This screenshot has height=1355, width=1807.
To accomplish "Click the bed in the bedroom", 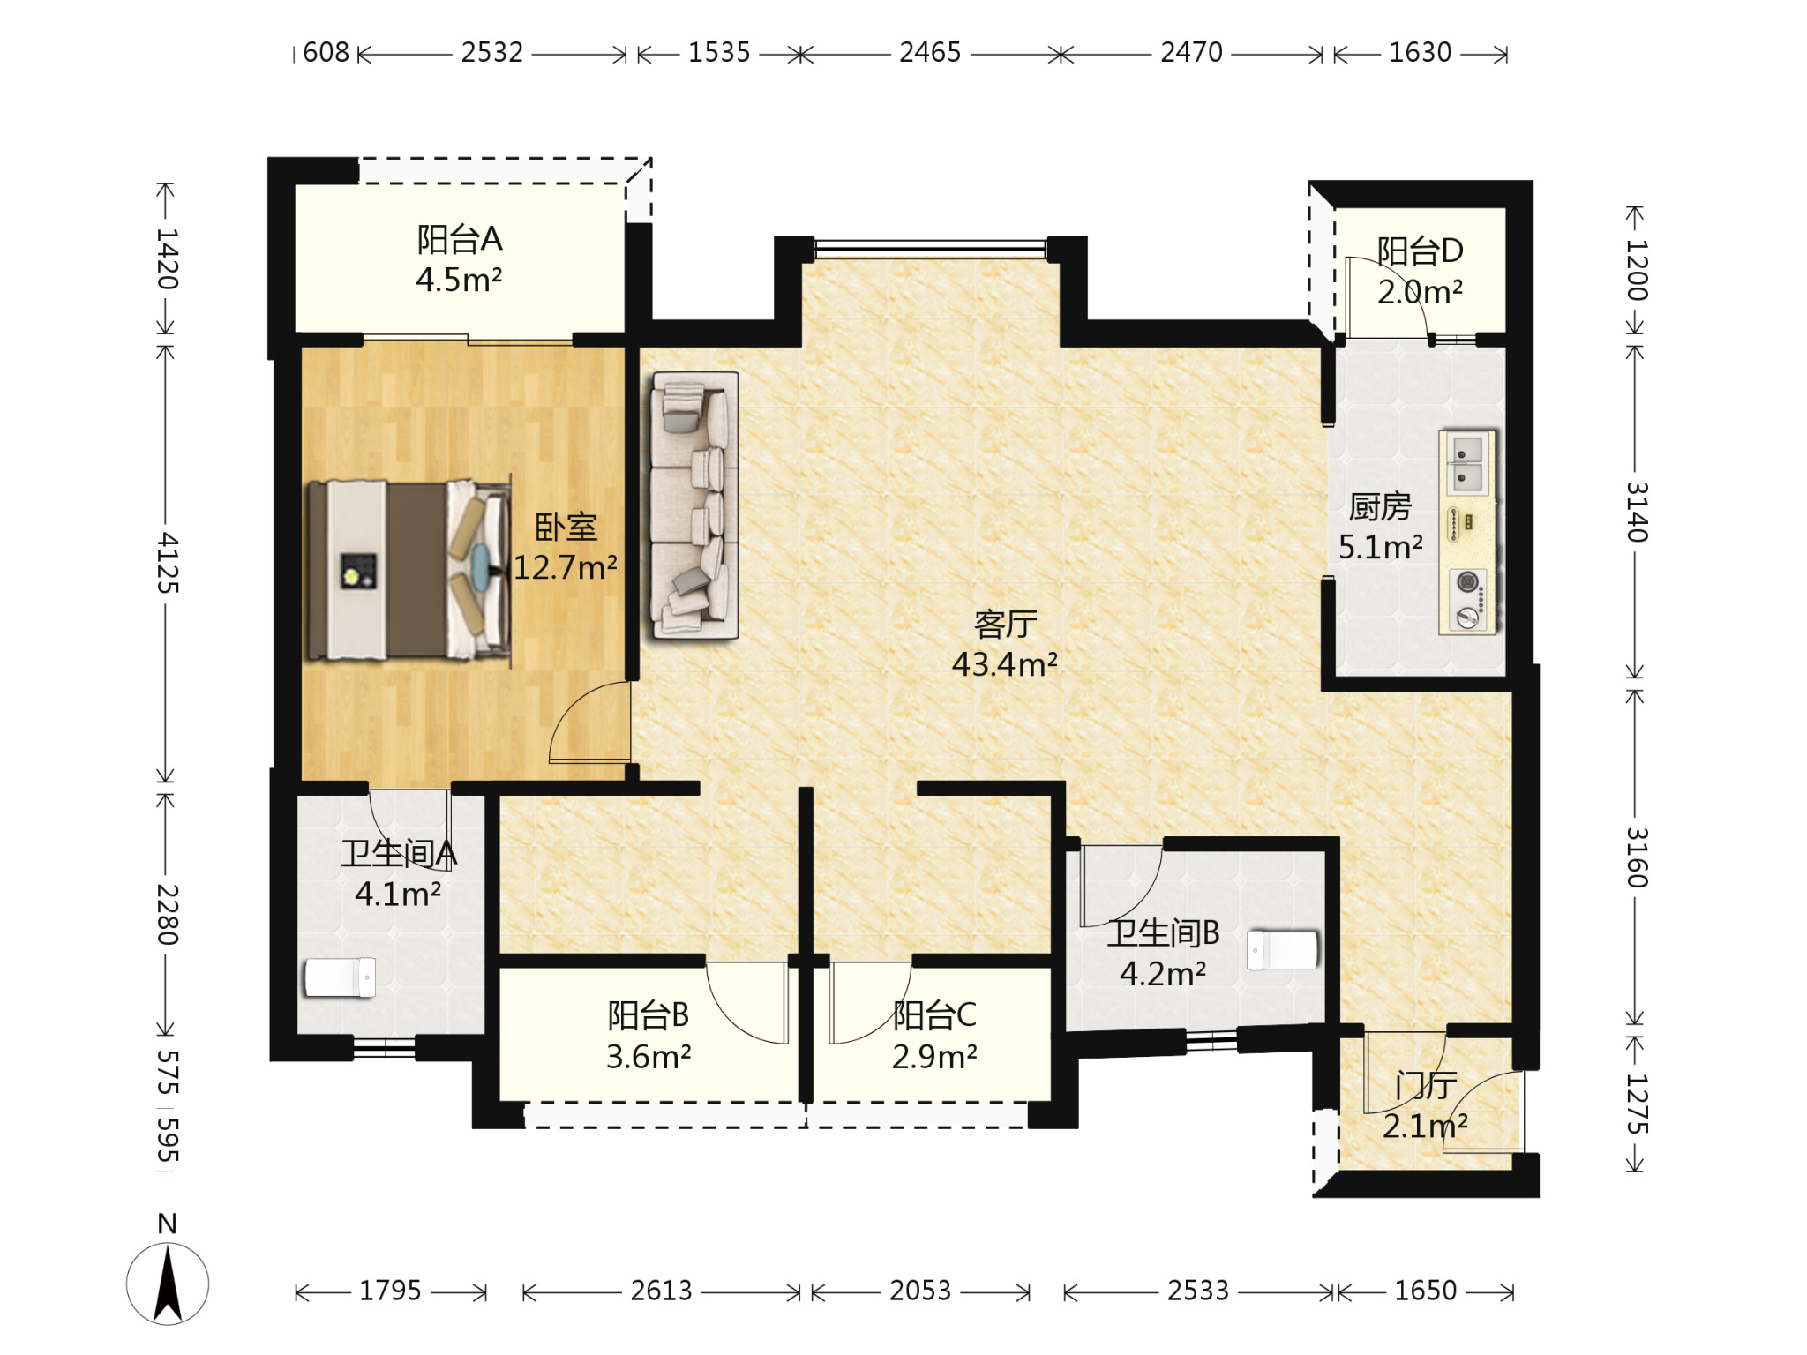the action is pyautogui.click(x=409, y=570).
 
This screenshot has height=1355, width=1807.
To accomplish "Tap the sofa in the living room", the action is pyautogui.click(x=694, y=505).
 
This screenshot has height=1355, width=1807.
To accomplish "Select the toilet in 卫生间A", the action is pyautogui.click(x=341, y=977).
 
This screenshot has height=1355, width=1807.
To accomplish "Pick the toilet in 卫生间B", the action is pyautogui.click(x=1283, y=950).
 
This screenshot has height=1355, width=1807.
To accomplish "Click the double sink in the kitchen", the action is pyautogui.click(x=1467, y=465).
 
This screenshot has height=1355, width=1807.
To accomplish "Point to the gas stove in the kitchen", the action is pyautogui.click(x=1468, y=600).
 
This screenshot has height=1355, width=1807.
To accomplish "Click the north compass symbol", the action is pyautogui.click(x=168, y=1283).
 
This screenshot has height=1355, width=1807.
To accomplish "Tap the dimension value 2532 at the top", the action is pyautogui.click(x=491, y=53).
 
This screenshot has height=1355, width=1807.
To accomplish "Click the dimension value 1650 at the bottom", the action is pyautogui.click(x=1425, y=1291).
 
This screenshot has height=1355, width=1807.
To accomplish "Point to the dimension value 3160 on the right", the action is pyautogui.click(x=1637, y=857).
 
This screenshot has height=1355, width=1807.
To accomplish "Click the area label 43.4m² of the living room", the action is pyautogui.click(x=1005, y=664).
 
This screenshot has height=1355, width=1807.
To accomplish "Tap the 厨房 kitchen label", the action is pyautogui.click(x=1380, y=506).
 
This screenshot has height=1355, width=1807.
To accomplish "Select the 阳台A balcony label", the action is pyautogui.click(x=460, y=239).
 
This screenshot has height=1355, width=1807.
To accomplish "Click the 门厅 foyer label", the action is pyautogui.click(x=1426, y=1085).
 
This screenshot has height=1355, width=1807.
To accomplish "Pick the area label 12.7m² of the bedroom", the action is pyautogui.click(x=566, y=567).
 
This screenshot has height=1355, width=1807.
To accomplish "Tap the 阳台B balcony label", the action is pyautogui.click(x=649, y=1015).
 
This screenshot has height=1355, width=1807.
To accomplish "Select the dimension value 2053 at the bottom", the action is pyautogui.click(x=920, y=1291).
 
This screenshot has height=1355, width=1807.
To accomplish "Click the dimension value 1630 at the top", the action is pyautogui.click(x=1420, y=53).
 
